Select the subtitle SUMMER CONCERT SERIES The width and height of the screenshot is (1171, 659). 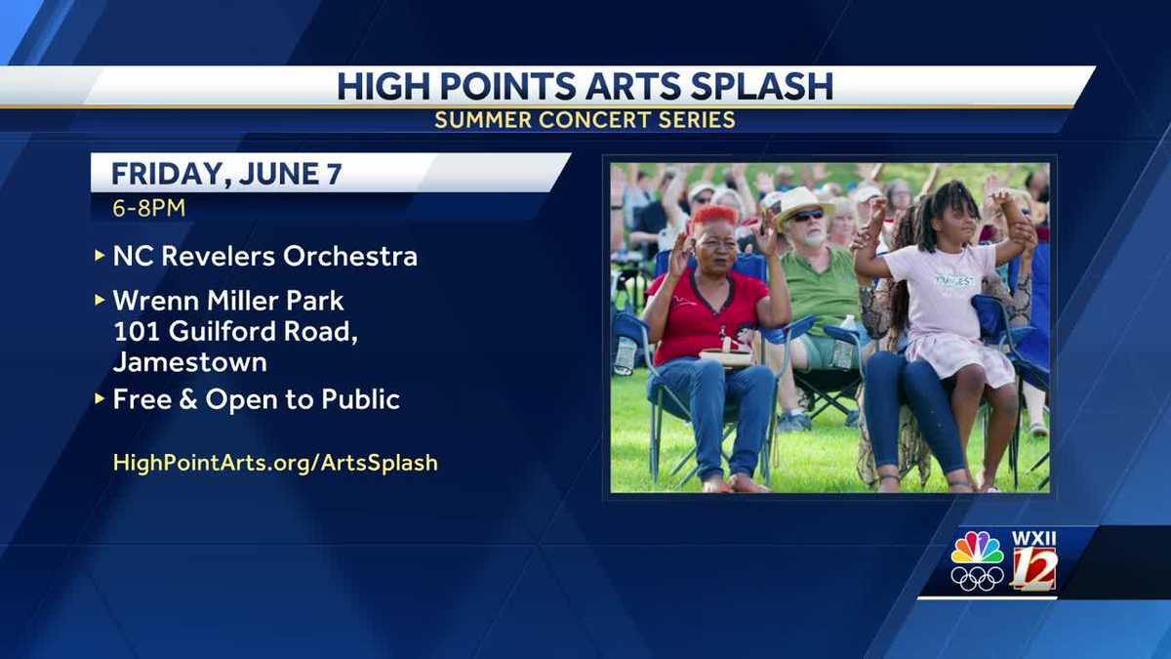(585, 120)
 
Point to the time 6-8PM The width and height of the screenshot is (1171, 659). (148, 207)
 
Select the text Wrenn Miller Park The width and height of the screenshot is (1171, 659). (228, 300)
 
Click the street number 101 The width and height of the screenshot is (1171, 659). (136, 331)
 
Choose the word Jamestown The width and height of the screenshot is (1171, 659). (189, 362)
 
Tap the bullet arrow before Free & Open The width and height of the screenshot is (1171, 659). (99, 398)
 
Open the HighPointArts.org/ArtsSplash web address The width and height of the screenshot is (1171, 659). (275, 463)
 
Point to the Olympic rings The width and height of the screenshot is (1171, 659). (977, 579)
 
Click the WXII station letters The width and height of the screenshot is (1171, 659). (1033, 538)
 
